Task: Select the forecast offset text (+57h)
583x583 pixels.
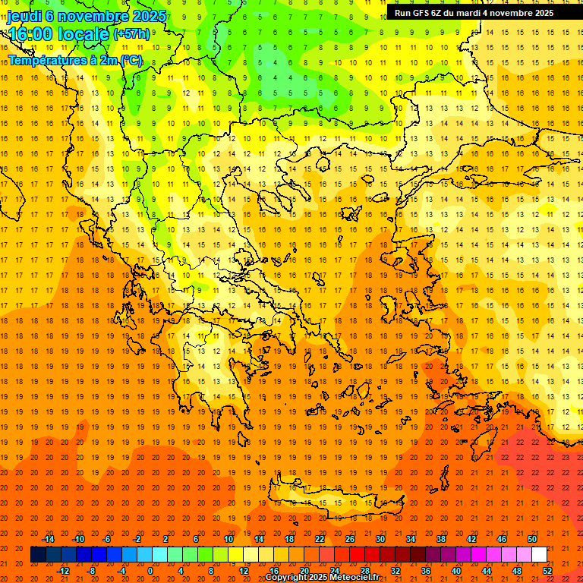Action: (x=131, y=34)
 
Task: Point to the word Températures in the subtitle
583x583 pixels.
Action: (x=42, y=60)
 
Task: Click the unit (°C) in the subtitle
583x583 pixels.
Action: (x=131, y=60)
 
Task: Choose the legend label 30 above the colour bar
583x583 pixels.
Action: (x=380, y=539)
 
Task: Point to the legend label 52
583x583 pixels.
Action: (x=547, y=571)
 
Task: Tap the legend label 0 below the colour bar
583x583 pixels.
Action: (x=150, y=571)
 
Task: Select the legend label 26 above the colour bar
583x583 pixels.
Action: (x=349, y=539)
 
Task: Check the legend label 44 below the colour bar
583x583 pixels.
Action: (x=486, y=571)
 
